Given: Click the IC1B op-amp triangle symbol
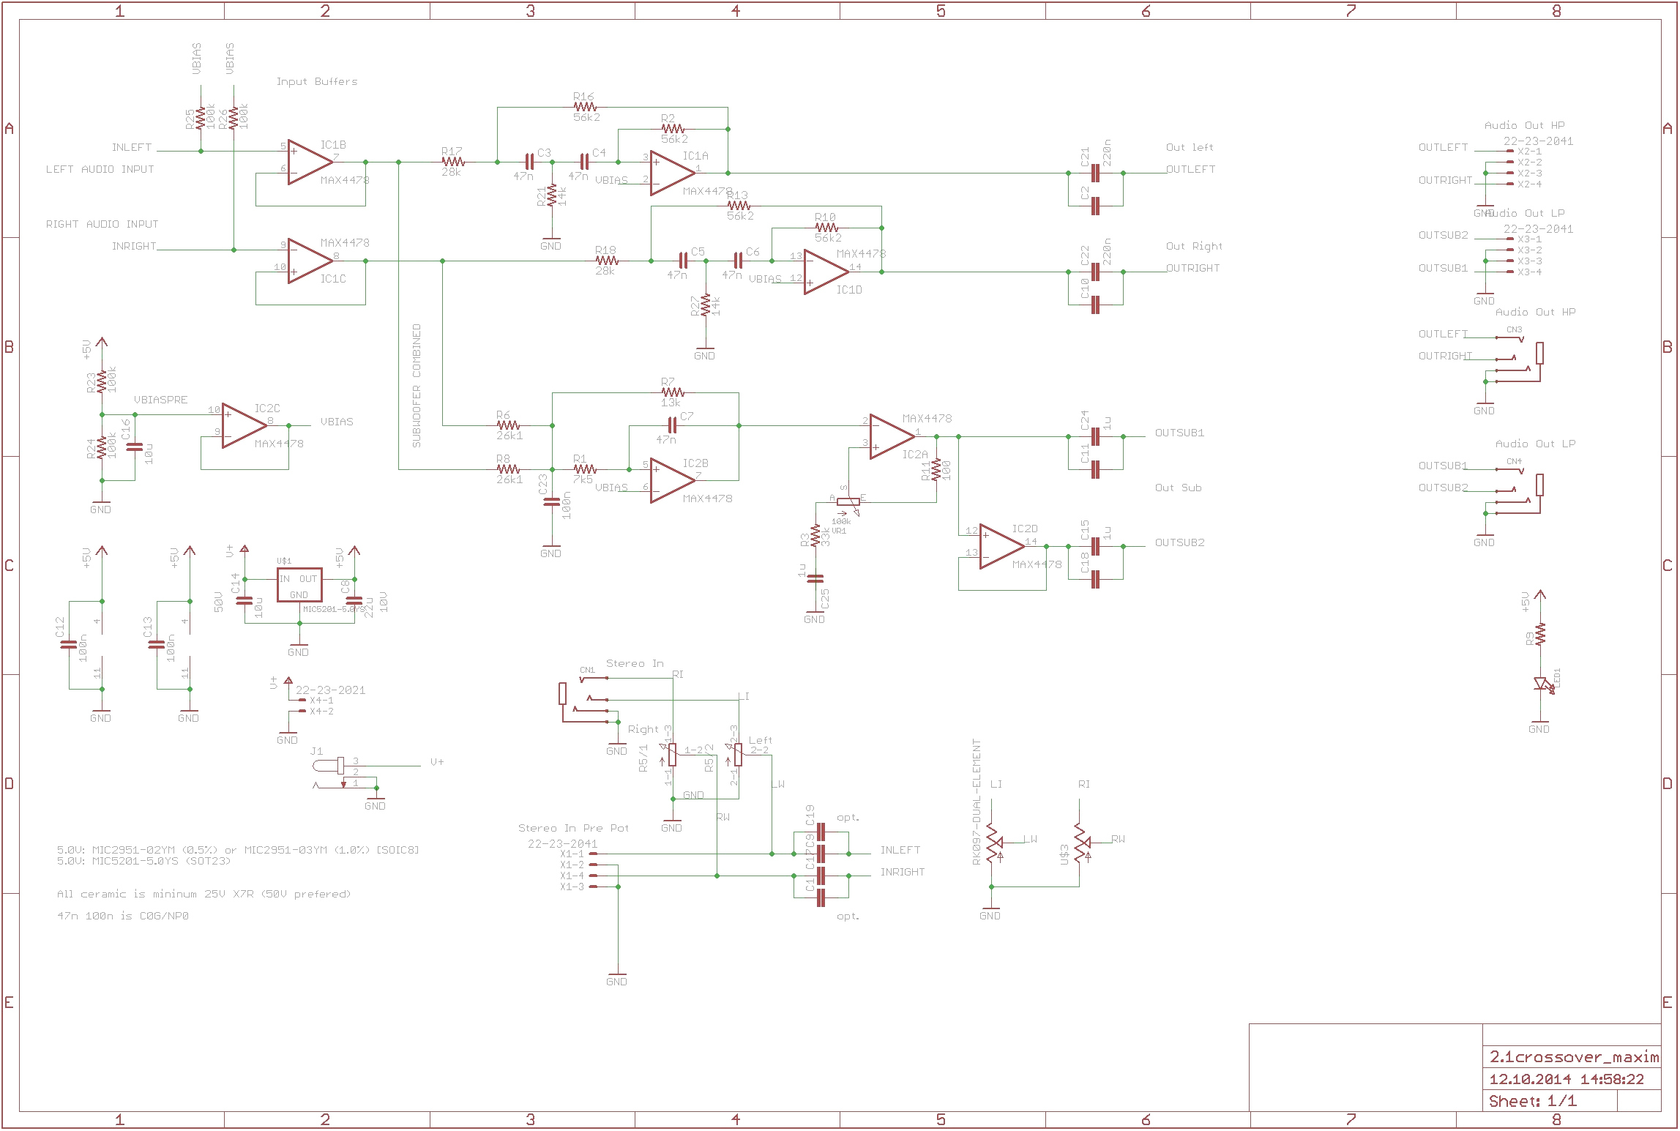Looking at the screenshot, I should (309, 163).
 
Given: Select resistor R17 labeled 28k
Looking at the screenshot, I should (453, 162).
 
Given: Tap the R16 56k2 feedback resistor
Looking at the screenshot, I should (585, 107).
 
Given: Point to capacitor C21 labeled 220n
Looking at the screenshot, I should (1095, 173).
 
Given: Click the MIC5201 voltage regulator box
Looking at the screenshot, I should (299, 585).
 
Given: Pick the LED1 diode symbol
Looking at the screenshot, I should (1542, 684).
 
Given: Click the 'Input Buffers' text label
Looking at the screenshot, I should (317, 81).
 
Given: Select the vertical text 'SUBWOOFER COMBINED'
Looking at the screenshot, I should (417, 386).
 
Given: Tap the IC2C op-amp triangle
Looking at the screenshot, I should (243, 425).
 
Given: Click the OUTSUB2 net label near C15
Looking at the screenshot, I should (1179, 542).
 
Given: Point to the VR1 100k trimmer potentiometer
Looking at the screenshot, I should (848, 503).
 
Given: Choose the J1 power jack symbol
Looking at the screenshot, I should (329, 766).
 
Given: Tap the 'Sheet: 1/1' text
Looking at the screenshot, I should (1533, 1101).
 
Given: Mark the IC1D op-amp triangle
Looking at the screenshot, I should (825, 272).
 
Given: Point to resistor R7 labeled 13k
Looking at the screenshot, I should (672, 392).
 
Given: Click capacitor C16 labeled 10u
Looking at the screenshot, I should (134, 446).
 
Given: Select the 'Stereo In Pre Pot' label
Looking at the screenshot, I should (573, 828).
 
